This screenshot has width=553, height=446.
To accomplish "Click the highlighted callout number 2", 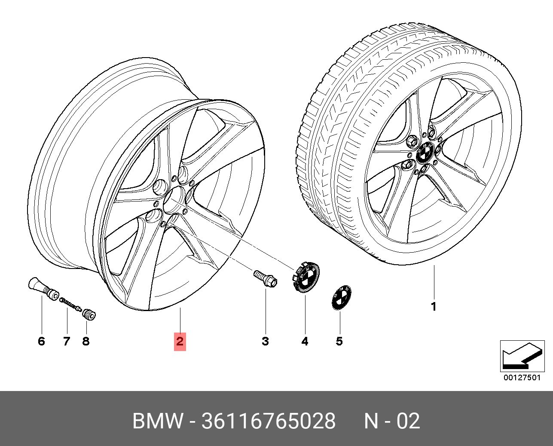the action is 180,342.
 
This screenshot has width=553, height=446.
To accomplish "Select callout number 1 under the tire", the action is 434,307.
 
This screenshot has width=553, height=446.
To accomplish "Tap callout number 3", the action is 266,342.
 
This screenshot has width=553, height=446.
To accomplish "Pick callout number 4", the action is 305,342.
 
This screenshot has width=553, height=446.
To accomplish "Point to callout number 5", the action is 339,342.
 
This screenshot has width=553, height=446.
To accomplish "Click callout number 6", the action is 41,342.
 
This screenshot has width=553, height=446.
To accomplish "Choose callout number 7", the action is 67,342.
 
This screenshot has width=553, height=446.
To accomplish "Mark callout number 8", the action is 86,342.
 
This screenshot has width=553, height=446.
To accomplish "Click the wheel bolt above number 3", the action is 266,279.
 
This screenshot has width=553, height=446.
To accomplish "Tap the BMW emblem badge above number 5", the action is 341,297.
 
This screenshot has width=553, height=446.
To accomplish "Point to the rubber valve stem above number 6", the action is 43,289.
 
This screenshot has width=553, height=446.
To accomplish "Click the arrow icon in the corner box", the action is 522,356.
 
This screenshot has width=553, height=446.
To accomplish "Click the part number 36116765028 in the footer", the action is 268,421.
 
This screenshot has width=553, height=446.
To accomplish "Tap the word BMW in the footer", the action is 158,421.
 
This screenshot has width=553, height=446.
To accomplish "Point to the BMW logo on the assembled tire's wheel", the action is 425,152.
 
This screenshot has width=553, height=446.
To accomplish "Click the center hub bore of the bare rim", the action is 174,200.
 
